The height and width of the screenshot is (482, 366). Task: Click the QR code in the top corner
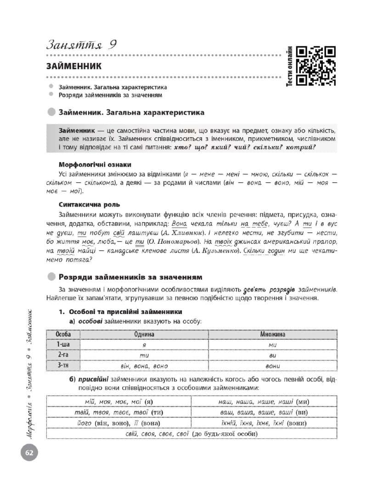coord(316,66)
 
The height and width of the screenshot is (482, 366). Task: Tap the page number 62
coord(28,453)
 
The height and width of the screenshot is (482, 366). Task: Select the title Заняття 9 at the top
coord(81,45)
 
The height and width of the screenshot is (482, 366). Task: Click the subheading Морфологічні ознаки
coord(95,164)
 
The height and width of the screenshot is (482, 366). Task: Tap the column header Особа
coord(63,334)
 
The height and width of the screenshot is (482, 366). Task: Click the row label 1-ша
coord(63,345)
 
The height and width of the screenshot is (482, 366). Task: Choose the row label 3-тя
coord(63,365)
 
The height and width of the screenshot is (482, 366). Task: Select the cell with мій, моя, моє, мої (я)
coord(119,402)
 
